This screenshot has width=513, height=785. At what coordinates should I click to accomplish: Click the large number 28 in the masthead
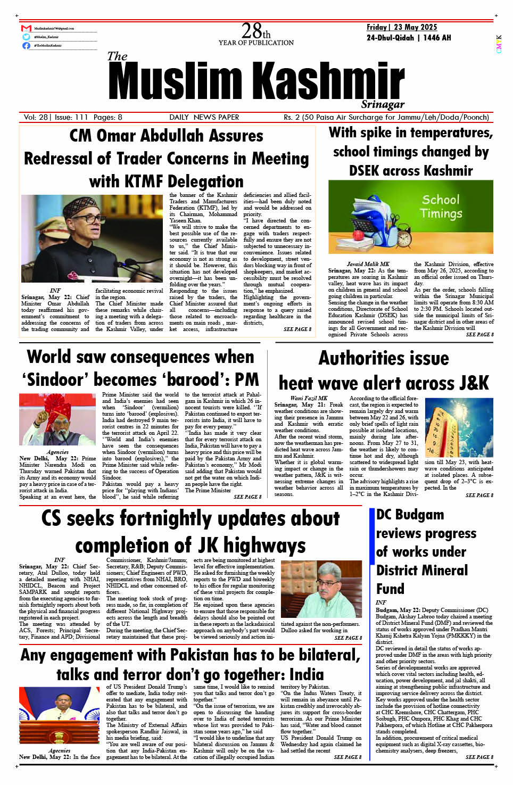[x=251, y=31]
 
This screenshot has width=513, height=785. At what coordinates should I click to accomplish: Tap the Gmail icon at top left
[x=26, y=28]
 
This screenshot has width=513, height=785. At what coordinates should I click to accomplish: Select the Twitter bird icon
[x=26, y=37]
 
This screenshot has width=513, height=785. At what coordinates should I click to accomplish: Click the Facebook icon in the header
[x=26, y=46]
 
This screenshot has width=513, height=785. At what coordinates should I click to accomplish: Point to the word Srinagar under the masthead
[x=383, y=104]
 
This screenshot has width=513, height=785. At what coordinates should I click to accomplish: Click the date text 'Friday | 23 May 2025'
[x=401, y=27]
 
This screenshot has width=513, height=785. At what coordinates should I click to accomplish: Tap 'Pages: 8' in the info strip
[x=107, y=117]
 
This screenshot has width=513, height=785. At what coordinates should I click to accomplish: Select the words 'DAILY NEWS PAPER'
[x=204, y=117]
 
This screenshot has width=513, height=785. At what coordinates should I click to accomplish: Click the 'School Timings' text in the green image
[x=441, y=206]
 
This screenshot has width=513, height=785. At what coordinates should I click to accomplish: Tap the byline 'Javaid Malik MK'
[x=368, y=264]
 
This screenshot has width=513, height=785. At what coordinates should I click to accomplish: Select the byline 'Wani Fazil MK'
[x=309, y=398]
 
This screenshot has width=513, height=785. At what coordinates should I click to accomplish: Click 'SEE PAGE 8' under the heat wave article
[x=479, y=495]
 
